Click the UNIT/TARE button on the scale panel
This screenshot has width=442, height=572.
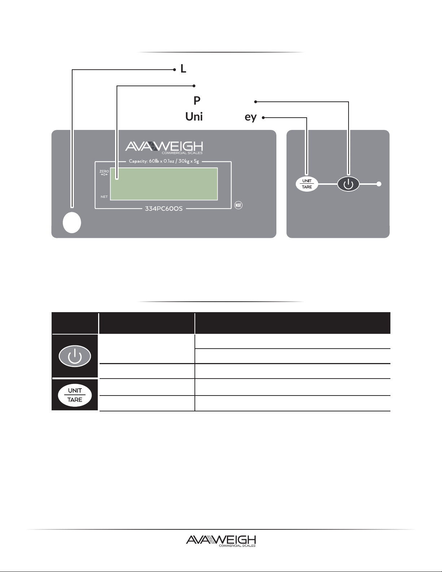click(x=307, y=184)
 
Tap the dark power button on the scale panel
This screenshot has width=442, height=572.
click(x=348, y=184)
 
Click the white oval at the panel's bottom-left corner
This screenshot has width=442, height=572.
click(x=72, y=222)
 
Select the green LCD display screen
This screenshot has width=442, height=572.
click(x=164, y=183)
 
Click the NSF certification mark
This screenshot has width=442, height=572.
click(x=238, y=205)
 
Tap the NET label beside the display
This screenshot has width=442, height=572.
click(x=104, y=197)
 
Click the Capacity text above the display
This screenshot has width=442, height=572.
click(x=164, y=161)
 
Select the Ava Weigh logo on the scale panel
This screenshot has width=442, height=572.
click(x=164, y=147)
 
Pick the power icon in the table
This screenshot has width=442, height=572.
click(x=75, y=356)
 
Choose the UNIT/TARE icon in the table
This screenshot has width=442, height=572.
click(x=75, y=395)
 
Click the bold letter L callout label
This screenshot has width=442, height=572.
click(x=183, y=69)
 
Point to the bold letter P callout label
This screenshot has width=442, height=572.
click(x=197, y=100)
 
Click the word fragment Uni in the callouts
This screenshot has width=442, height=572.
click(x=194, y=117)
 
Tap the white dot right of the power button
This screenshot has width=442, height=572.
click(x=379, y=184)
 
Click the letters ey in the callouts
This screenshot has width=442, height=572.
click(x=250, y=117)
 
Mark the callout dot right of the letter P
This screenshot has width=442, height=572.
click(x=255, y=101)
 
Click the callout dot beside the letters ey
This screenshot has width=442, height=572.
click(x=263, y=117)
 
